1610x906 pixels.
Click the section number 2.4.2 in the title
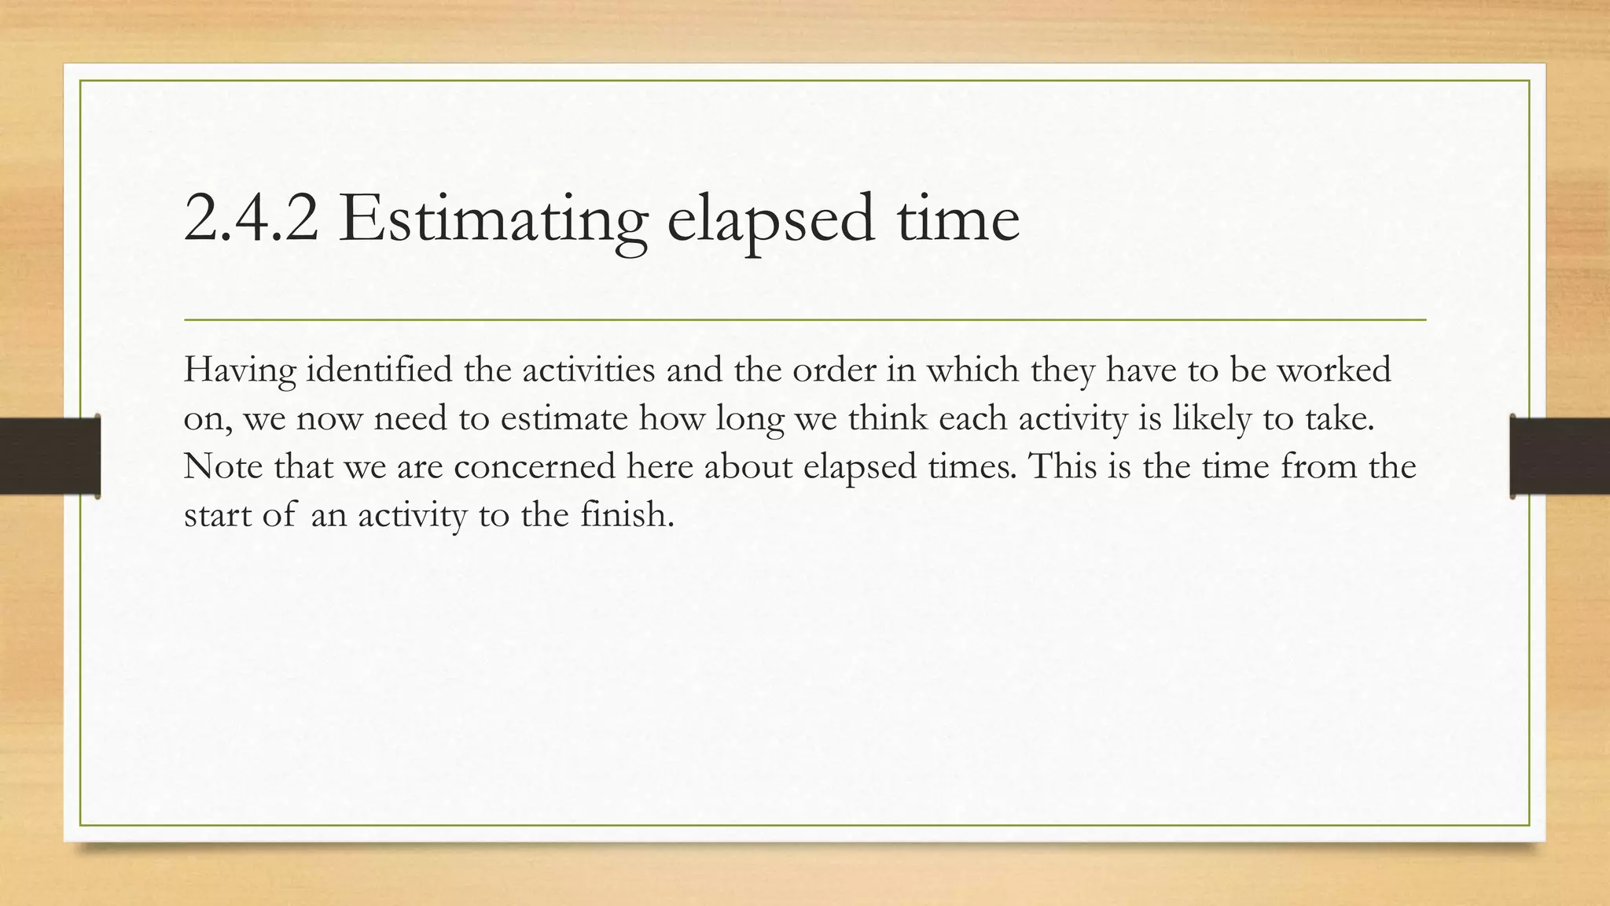tap(251, 219)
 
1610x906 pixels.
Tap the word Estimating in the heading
tap(494, 219)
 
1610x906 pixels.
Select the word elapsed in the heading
tap(770, 219)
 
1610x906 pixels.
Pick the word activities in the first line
tap(588, 369)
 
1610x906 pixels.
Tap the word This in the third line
tap(1062, 466)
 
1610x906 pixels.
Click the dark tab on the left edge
tap(50, 456)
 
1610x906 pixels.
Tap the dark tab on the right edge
tap(1560, 456)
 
